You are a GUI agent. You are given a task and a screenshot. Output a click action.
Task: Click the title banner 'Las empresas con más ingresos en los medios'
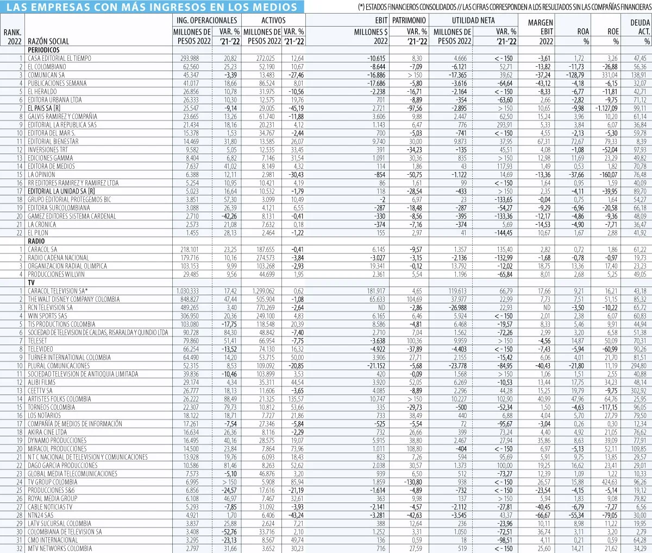coord(152,7)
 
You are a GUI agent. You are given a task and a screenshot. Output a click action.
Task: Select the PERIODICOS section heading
coord(43,50)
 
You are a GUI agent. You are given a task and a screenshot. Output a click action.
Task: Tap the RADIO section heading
coord(36,241)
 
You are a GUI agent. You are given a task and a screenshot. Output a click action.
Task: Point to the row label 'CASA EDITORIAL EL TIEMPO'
coord(60,58)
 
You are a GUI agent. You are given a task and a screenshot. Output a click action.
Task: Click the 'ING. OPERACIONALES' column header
coord(206,20)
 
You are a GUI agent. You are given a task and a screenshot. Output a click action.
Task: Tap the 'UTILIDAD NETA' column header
coord(473,20)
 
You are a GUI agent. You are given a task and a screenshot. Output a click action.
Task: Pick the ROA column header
coord(582,31)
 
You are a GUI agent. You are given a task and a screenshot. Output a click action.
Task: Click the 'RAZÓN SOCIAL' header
coord(48,41)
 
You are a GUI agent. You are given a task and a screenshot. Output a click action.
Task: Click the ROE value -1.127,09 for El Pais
coord(605,108)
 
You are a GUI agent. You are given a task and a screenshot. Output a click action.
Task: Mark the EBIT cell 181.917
coord(376,291)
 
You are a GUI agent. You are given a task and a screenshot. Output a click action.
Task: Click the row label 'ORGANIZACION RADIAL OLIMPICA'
coord(67,266)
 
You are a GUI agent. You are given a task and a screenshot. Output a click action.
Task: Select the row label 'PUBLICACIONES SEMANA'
coord(57,83)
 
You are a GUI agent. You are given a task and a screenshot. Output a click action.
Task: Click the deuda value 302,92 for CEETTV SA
coord(638,391)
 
